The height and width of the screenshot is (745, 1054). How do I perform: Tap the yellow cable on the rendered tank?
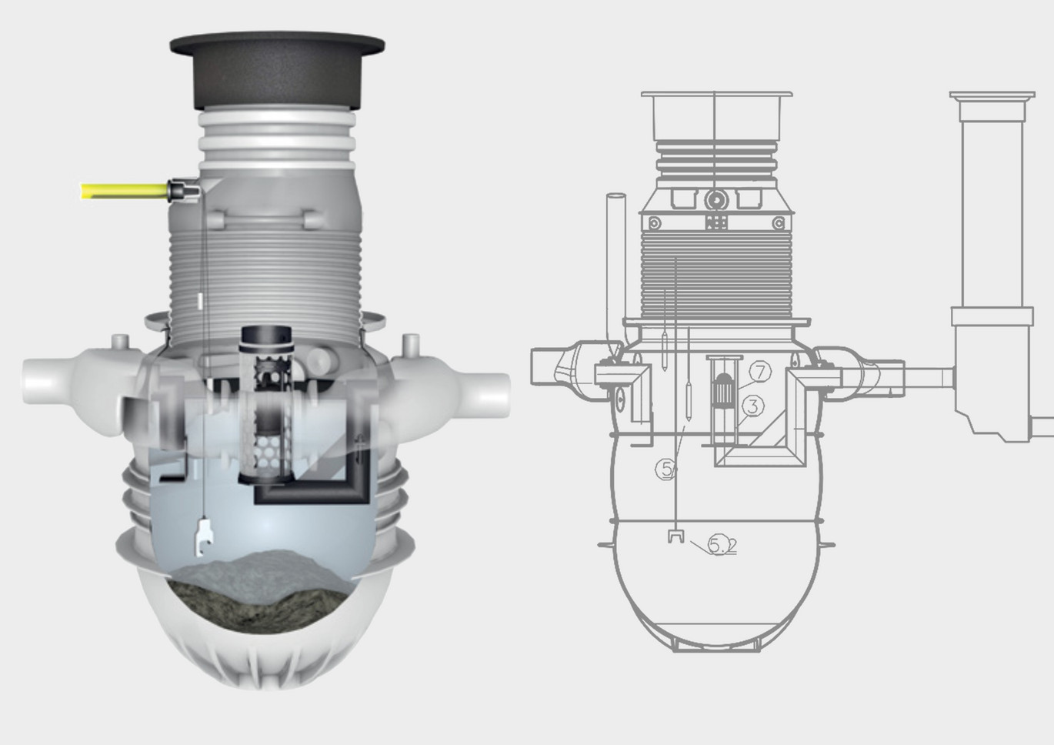coord(124,192)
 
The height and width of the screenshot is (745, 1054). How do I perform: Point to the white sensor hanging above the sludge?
coord(204,537)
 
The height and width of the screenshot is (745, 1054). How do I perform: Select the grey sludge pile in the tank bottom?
coord(260,593)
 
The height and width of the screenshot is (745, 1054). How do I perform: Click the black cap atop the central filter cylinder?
coord(266,338)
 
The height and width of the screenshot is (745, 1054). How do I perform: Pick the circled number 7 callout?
coord(760,372)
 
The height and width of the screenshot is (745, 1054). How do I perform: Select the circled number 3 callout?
coord(753,406)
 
